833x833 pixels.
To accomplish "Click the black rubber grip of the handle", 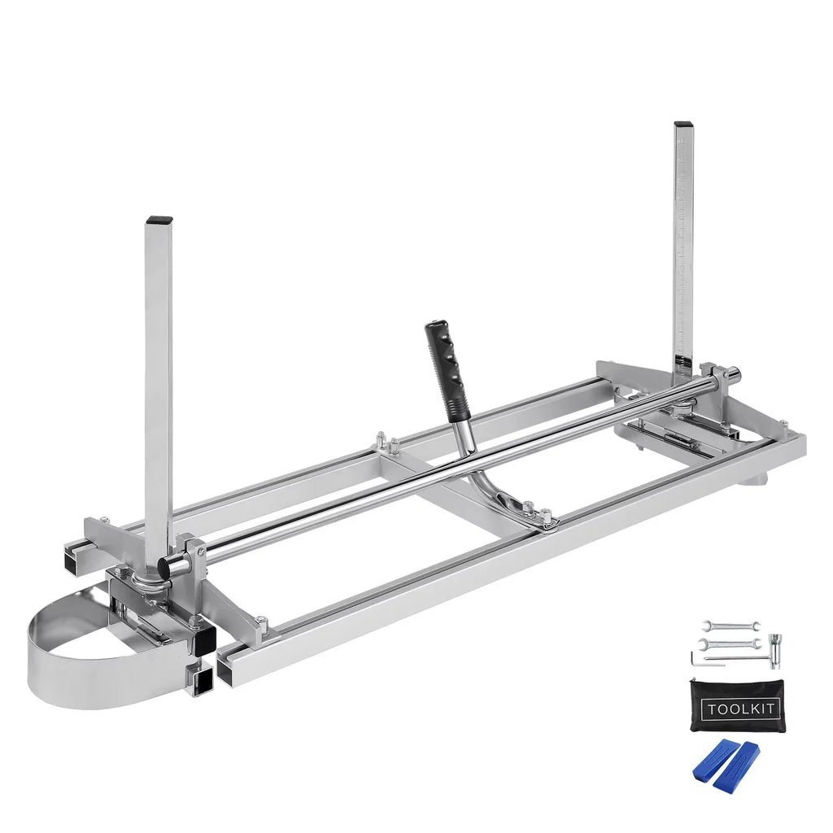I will pos(443,357).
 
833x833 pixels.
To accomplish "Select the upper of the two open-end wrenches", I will pos(731,626).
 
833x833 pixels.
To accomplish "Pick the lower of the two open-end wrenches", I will pos(730,643).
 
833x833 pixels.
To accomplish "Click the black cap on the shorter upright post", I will pos(159,220).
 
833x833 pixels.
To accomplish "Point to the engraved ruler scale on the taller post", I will pos(682,244).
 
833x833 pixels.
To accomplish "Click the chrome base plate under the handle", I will pos(521,512).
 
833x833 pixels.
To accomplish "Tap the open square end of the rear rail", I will pos(74,560).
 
